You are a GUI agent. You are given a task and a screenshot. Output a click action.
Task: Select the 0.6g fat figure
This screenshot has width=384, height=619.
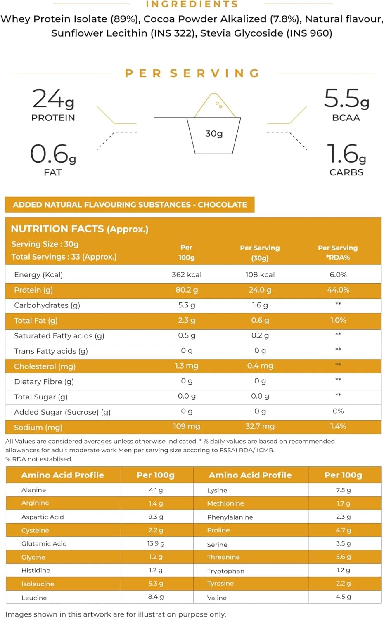(x=53, y=154)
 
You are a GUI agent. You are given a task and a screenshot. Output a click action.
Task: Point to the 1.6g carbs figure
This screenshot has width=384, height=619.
(x=346, y=154)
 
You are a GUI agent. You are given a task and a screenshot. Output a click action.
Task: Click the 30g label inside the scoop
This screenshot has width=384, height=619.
(x=214, y=133)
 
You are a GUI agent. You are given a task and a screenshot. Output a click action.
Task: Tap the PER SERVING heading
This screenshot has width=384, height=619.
(x=192, y=73)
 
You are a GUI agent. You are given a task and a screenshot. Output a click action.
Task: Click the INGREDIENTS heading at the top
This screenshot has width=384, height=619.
(x=192, y=4)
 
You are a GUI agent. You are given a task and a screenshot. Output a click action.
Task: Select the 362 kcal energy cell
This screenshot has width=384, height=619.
(x=187, y=274)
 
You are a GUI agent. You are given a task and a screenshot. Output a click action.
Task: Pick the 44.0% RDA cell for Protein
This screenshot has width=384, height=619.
(x=338, y=290)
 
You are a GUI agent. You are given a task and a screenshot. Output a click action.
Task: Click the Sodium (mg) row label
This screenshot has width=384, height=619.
(x=38, y=427)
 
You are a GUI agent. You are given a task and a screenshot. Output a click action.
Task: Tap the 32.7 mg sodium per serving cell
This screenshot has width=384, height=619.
(x=260, y=426)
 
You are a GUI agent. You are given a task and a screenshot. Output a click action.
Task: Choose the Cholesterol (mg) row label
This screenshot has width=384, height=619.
(x=45, y=366)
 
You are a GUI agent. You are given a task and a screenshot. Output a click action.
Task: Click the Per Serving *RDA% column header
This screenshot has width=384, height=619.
(x=338, y=252)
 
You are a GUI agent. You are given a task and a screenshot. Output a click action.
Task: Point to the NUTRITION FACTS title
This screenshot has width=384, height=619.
(x=79, y=229)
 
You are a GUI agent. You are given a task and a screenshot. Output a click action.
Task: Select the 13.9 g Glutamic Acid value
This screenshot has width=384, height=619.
(x=156, y=543)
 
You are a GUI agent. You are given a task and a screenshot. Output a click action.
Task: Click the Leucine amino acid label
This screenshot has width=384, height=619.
(x=34, y=598)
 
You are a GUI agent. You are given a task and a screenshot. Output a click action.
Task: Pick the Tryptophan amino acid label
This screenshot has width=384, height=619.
(x=225, y=571)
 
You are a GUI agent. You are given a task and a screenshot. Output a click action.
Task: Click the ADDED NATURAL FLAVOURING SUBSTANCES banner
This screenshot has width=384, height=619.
(x=130, y=204)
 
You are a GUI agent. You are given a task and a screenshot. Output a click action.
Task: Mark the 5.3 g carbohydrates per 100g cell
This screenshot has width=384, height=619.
(x=187, y=305)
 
